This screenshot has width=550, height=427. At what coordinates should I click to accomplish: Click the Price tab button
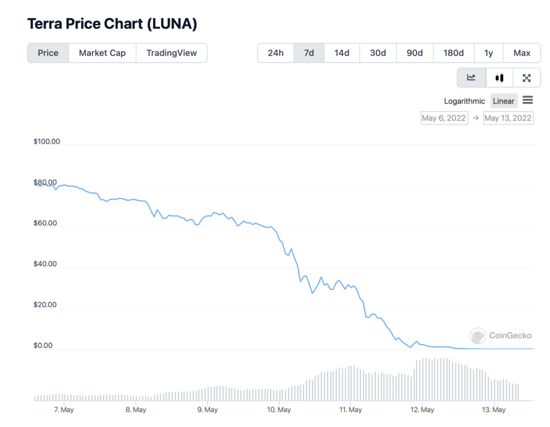pyautogui.click(x=48, y=53)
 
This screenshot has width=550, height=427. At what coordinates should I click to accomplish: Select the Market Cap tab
pyautogui.click(x=102, y=53)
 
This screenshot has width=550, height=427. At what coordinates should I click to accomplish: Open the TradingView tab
pyautogui.click(x=171, y=53)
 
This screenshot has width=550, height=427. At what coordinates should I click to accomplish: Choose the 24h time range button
pyautogui.click(x=276, y=53)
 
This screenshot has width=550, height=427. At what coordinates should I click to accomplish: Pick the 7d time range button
pyautogui.click(x=309, y=53)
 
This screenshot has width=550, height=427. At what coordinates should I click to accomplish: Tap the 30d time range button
pyautogui.click(x=378, y=53)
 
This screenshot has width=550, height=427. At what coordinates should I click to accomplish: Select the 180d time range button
pyautogui.click(x=453, y=53)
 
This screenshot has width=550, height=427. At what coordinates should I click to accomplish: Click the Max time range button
pyautogui.click(x=522, y=53)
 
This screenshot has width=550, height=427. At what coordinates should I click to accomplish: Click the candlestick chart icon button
pyautogui.click(x=500, y=78)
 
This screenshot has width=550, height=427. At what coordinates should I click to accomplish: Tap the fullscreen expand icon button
pyautogui.click(x=526, y=78)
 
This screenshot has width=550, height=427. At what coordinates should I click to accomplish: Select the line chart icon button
pyautogui.click(x=472, y=78)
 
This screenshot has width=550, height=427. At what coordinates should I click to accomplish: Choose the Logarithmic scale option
pyautogui.click(x=464, y=101)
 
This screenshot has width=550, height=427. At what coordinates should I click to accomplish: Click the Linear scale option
pyautogui.click(x=503, y=101)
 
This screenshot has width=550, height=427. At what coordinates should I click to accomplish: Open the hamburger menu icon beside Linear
pyautogui.click(x=527, y=100)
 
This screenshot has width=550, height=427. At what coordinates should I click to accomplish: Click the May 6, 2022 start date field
pyautogui.click(x=444, y=118)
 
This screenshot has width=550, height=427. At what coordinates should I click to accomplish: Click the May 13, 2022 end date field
pyautogui.click(x=508, y=118)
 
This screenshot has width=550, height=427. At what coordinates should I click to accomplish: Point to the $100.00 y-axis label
pyautogui.click(x=47, y=142)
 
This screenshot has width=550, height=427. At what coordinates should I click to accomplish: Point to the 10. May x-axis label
pyautogui.click(x=279, y=410)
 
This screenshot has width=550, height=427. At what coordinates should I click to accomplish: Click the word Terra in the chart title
pyautogui.click(x=46, y=24)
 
